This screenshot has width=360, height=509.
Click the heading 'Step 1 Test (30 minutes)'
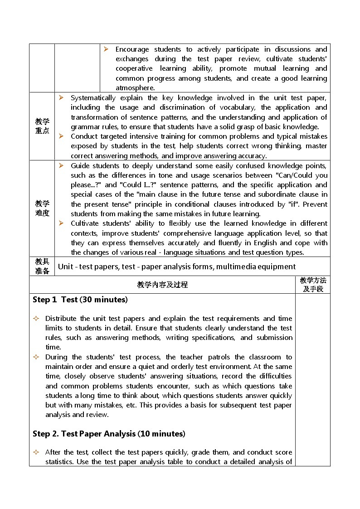(x=80, y=300)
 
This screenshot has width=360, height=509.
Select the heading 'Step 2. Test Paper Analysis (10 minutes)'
(x=109, y=434)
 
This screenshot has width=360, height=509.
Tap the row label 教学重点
(x=42, y=126)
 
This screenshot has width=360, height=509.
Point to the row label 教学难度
(x=42, y=208)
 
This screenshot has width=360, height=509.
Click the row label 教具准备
(x=42, y=266)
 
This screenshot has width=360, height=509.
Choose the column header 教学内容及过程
(x=162, y=285)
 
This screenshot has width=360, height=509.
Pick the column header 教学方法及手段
(x=313, y=285)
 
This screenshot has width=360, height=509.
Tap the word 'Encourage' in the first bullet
(x=132, y=49)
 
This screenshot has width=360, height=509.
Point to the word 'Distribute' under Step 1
(x=62, y=319)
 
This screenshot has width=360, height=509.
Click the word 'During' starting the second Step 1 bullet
(x=56, y=357)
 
